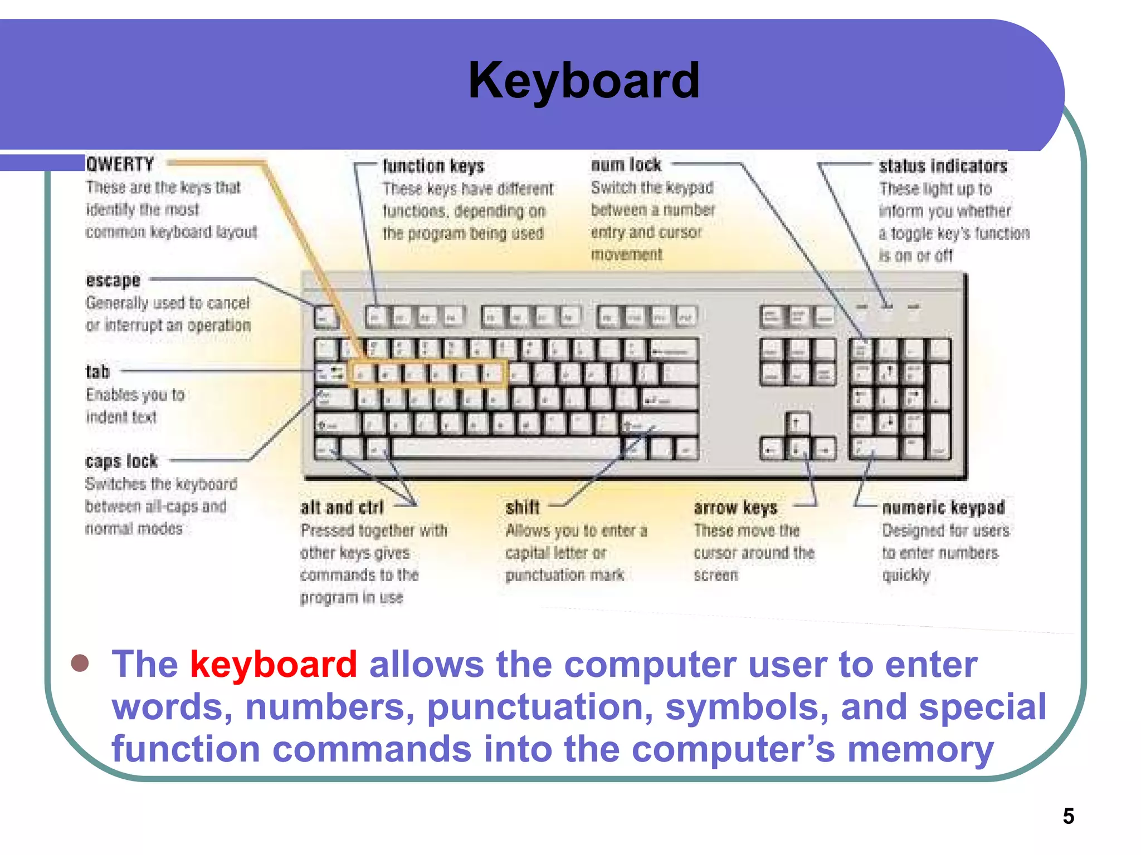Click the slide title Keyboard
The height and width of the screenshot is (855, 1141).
583,81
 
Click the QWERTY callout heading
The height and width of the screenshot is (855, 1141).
120,164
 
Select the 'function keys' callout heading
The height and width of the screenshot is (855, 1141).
433,166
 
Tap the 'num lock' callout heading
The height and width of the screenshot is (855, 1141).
626,165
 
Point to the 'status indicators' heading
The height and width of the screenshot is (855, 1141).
943,166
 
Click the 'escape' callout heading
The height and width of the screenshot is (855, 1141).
113,280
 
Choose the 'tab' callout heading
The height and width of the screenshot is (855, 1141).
97,371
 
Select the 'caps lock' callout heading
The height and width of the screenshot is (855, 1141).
121,461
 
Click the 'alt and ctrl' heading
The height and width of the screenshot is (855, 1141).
342,508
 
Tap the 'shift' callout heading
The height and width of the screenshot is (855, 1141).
522,508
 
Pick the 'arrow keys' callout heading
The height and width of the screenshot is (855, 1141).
735,508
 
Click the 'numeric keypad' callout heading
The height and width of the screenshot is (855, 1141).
943,508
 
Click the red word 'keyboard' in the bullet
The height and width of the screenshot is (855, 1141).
273,664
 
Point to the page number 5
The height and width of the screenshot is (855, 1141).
1068,816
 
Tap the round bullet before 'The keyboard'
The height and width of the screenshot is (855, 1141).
80,663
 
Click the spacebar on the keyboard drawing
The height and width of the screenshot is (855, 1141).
504,448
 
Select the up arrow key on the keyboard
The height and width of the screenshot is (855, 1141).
797,423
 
